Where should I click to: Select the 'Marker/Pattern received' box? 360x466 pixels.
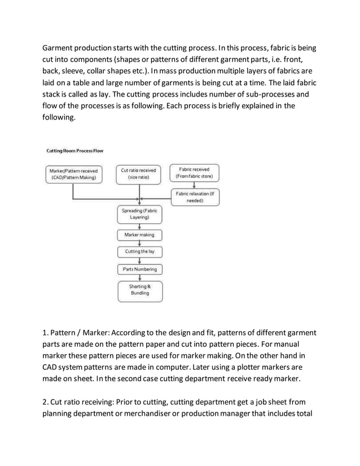point(73,174)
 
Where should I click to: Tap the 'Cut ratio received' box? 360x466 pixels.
point(139,174)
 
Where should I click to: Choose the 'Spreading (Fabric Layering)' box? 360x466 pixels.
point(139,214)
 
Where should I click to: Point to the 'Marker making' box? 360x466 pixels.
point(139,235)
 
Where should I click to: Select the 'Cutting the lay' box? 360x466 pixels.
point(139,252)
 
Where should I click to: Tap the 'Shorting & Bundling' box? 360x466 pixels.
point(139,290)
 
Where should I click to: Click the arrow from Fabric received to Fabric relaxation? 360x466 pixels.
point(195,186)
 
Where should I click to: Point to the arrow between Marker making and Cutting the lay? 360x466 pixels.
point(139,243)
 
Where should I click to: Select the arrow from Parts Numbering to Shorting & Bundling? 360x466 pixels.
point(139,278)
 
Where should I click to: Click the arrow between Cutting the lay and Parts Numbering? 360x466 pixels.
point(139,261)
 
